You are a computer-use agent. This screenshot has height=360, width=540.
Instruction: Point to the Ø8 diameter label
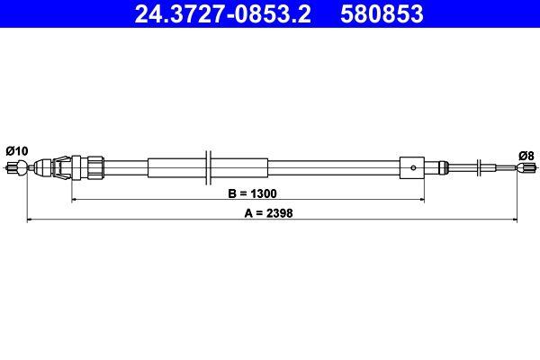525,154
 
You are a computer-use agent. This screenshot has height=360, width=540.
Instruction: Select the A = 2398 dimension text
272,213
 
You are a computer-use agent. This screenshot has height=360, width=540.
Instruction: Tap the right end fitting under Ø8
526,166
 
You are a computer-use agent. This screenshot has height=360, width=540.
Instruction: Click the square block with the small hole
411,166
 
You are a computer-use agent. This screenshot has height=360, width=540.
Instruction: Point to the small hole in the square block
411,165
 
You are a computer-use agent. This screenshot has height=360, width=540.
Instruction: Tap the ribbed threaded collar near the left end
94,166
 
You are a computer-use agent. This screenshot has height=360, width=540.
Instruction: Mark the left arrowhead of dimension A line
30,219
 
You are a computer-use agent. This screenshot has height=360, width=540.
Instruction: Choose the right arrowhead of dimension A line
517,219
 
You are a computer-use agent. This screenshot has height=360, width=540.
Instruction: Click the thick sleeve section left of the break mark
175,166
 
